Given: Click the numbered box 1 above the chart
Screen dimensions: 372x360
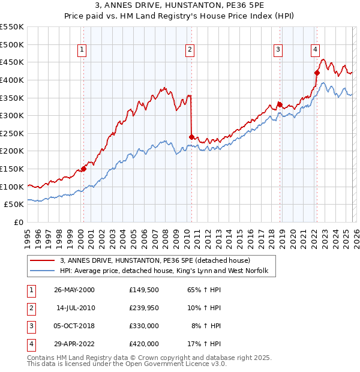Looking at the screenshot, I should pos(82,50).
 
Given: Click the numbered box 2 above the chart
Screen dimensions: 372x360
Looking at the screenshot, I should pos(190,50).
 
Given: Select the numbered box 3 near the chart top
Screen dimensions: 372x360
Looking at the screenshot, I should pos(278,50).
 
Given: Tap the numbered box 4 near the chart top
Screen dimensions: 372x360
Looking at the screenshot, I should pos(316,50).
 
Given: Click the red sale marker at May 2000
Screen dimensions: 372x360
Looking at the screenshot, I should pos(84,169).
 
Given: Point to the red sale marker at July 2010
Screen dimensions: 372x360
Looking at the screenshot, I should pos(191,136).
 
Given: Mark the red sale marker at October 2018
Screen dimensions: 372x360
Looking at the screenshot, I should pos(280,104).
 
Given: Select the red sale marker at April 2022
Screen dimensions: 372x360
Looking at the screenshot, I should pos(317,73).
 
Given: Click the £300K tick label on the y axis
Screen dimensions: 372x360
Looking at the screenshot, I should pos(12,115).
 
